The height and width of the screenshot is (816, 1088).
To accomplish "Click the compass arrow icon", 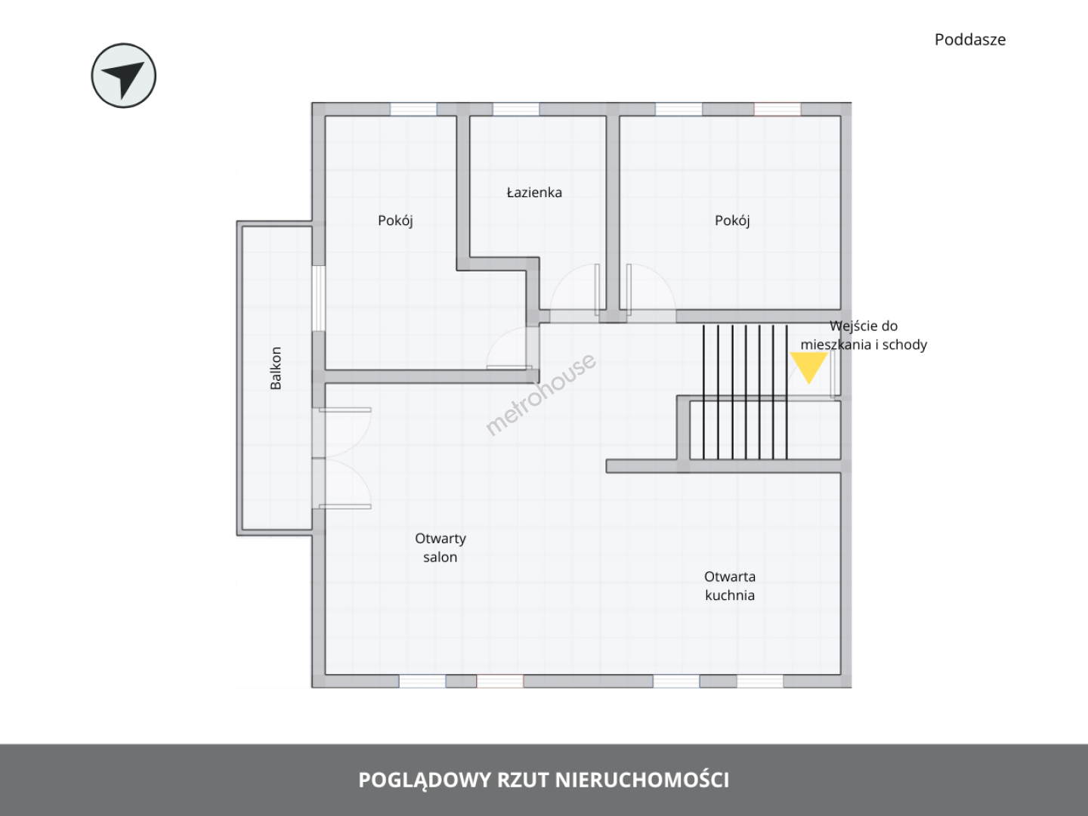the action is tap(123, 76).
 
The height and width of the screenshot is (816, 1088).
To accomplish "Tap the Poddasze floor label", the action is tap(970, 39).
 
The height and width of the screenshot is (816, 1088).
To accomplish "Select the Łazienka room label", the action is tap(534, 192).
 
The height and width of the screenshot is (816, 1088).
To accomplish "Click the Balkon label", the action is tap(276, 368).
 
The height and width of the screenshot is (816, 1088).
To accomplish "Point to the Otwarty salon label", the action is tap(440, 548).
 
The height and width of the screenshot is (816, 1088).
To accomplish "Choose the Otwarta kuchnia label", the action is tap(730, 586).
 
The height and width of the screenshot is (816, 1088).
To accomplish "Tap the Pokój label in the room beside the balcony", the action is tap(395, 221).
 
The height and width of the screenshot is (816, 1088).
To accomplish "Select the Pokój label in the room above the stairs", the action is tap(732, 221).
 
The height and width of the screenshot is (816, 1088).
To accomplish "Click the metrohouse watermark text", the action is tap(540, 394).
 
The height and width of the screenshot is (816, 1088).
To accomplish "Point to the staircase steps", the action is tap(745, 392).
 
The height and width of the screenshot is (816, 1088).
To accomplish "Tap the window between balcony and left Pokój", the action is tap(318, 298).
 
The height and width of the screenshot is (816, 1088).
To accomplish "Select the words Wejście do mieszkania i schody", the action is tap(864, 335).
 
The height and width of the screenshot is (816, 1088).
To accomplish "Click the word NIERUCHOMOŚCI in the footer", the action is tap(642, 780).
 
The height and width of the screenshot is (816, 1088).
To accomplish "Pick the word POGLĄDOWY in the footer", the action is tap(425, 780).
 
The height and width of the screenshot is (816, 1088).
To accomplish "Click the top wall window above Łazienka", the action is tap(515, 109).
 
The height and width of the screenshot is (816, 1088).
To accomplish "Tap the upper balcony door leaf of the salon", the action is tap(345, 410).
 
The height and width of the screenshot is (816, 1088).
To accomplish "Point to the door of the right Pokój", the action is tap(629, 290).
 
